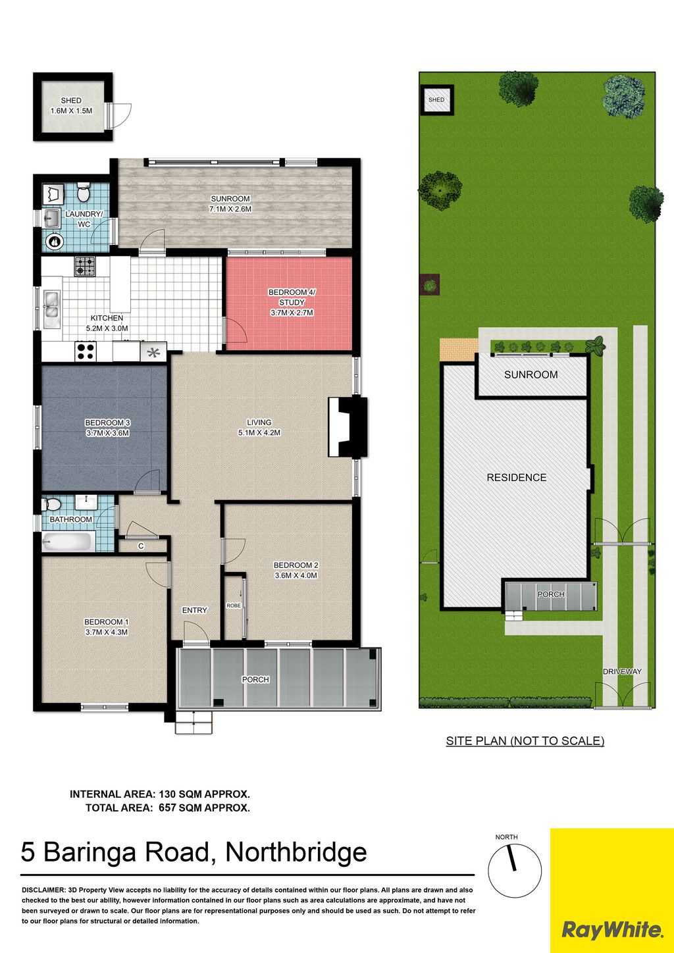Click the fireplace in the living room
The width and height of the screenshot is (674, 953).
click(348, 426)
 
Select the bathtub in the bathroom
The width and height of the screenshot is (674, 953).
click(68, 542)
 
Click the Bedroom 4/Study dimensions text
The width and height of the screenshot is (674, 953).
click(292, 313)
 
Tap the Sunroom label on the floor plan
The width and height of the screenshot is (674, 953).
click(230, 199)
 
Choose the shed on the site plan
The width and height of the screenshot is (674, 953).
click(437, 99)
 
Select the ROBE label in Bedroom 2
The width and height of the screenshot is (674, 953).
click(233, 605)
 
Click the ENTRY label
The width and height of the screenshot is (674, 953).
click(194, 610)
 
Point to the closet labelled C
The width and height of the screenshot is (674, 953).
click(142, 546)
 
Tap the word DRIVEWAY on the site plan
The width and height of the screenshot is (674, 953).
click(621, 671)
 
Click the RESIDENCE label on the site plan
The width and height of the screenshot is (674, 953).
click(517, 477)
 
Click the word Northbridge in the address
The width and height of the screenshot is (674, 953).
click(296, 852)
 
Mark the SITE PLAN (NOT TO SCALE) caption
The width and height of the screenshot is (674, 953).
click(525, 740)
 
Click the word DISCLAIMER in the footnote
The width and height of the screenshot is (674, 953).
click(43, 890)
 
